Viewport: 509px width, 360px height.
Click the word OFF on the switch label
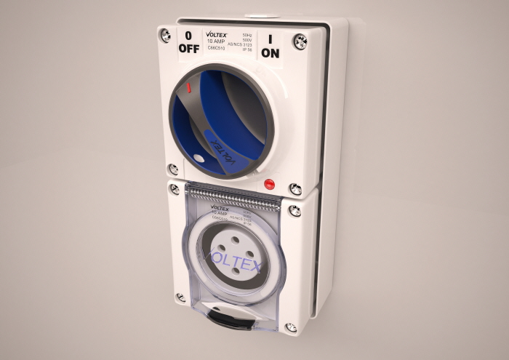pos(188,48)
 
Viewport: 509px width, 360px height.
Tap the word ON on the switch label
pos(270,52)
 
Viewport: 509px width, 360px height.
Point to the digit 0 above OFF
pos(188,35)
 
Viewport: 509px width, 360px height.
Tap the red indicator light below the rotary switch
pos(269,184)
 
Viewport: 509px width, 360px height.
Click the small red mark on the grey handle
pos(188,88)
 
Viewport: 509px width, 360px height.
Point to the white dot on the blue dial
pos(199,156)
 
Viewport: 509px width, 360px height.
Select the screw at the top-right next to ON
pos(300,41)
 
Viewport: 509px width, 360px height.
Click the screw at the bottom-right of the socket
pos(290,327)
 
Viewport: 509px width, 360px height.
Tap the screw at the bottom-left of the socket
pos(180,297)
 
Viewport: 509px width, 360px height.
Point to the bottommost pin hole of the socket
pos(236,272)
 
